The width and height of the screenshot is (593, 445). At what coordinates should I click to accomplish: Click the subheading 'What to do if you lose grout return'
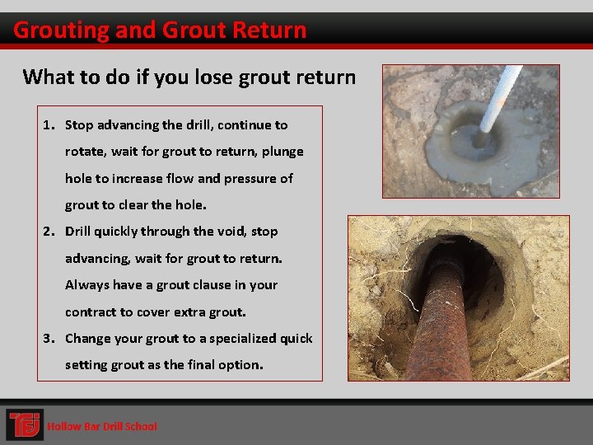(189, 77)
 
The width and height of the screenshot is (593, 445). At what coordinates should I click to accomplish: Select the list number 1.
(49, 125)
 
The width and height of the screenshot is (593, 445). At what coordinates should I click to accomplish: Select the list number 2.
(49, 232)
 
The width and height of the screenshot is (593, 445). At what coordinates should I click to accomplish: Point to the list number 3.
(49, 339)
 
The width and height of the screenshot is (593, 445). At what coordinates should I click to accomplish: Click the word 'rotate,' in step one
(85, 152)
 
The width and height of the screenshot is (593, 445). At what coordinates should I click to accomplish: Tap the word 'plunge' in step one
(283, 152)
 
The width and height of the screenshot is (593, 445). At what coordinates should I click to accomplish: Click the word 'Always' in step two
(87, 285)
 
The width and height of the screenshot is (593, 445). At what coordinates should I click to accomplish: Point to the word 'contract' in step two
(91, 312)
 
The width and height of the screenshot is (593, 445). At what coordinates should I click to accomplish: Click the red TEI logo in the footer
(25, 425)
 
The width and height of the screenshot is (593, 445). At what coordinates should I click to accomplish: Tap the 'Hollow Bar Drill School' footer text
(101, 426)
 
